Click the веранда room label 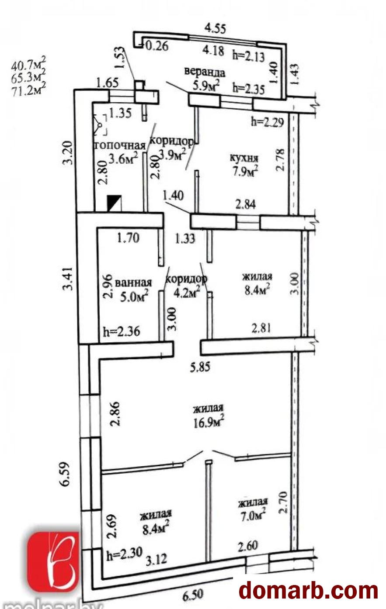pos(205,72)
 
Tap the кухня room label pos(244,158)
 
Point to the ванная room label pos(133,283)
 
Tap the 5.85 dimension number pos(200,367)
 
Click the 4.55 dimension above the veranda pos(216,28)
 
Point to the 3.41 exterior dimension pos(68,279)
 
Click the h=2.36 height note pos(122,331)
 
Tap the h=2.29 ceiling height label pos(267,122)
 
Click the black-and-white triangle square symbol pos(115,203)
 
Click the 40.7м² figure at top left pos(28,64)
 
